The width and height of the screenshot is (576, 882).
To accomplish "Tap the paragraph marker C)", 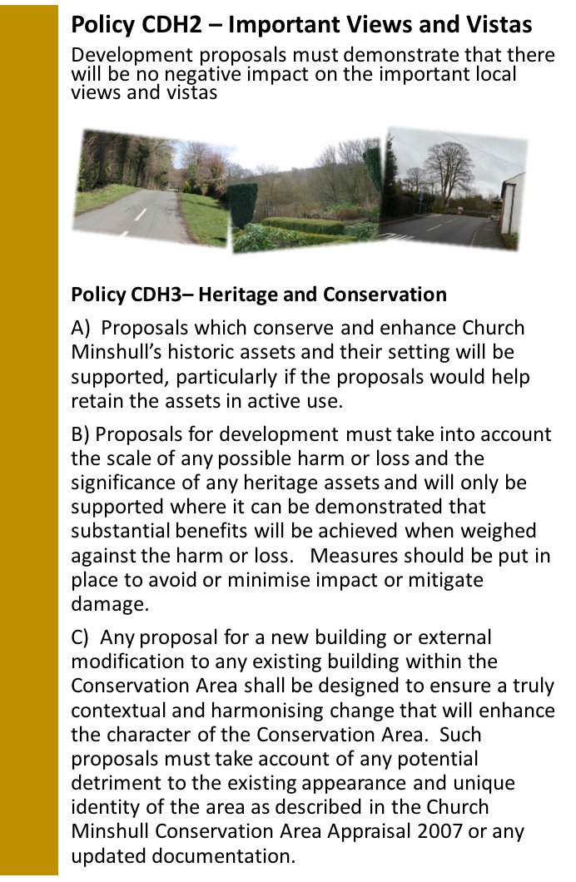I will point(81,637).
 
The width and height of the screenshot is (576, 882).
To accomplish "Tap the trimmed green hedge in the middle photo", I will point(304,226).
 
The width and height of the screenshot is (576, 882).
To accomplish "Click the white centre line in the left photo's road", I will point(141,214).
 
